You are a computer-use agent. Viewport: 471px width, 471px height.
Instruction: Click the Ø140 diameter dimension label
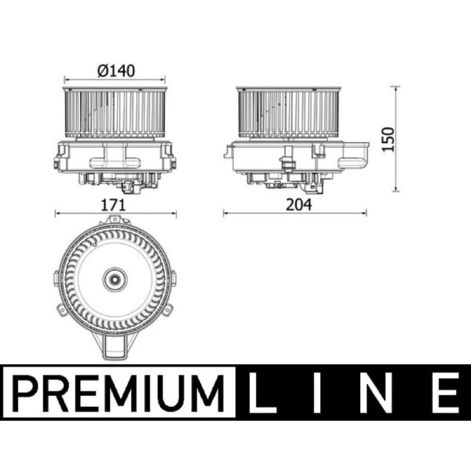click(116, 71)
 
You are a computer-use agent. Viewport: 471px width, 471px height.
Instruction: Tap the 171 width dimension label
click(113, 205)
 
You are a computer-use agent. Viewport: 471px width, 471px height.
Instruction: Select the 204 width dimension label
click(298, 205)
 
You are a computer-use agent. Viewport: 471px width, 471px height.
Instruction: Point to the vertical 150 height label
click(388, 140)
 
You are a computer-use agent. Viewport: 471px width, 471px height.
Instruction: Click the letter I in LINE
click(317, 393)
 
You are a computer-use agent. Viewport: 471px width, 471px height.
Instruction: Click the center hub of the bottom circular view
click(115, 280)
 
